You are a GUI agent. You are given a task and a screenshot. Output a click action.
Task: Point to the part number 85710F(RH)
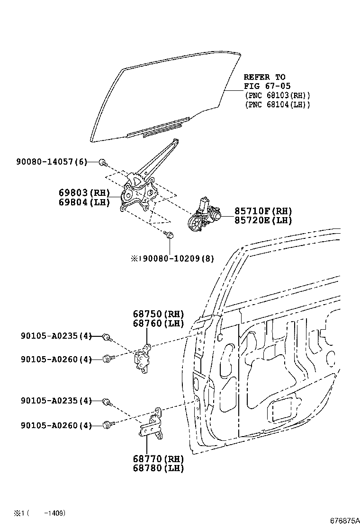click(x=263, y=211)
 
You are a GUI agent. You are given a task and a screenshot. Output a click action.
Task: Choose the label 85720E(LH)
click(x=263, y=220)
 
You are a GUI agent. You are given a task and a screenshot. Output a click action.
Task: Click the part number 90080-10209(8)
click(x=176, y=259)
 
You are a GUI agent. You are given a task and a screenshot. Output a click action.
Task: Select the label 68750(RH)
click(x=158, y=314)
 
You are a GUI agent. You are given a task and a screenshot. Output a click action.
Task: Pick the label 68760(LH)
click(x=158, y=324)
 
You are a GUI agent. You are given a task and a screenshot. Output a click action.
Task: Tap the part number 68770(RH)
click(x=158, y=459)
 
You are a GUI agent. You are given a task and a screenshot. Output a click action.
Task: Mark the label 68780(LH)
click(x=158, y=468)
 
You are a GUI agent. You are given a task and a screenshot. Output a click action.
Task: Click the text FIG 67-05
click(x=264, y=86)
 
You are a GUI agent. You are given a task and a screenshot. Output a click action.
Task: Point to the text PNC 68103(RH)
click(x=277, y=95)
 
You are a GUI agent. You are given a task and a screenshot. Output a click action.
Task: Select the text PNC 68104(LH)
click(x=277, y=105)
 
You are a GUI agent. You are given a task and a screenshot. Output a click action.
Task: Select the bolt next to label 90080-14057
click(x=102, y=163)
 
